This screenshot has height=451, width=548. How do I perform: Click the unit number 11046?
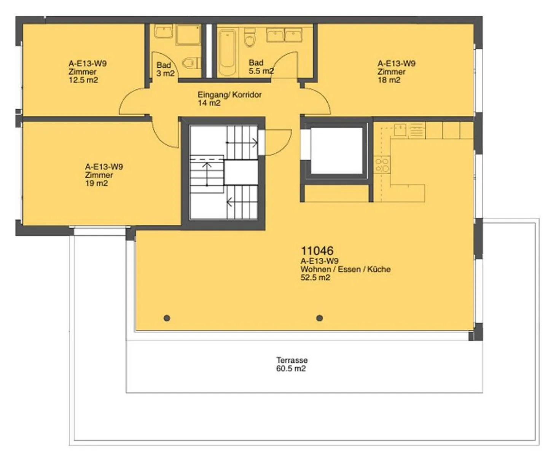coord(317,251)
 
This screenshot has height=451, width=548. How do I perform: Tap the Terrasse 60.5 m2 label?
coord(292,364)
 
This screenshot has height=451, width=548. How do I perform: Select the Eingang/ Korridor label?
coord(229,95)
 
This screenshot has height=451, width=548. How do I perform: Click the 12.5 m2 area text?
coord(83,80)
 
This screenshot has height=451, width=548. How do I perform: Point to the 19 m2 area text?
coord(96,183)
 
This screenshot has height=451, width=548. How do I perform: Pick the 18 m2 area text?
coord(389,80)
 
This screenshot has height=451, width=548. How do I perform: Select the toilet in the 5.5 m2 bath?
coord(250,38)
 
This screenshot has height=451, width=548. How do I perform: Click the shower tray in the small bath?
coord(188,35)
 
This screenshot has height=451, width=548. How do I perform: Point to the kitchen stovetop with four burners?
coord(382,164)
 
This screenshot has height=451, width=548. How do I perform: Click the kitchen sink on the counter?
coord(400,130)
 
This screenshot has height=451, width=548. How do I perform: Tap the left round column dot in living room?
coord(167,318)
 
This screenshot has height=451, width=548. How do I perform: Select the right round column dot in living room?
coord(320,318)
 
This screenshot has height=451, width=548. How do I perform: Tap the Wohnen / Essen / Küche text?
coord(346,269)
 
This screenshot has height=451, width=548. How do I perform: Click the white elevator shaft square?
coord(337,150)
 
